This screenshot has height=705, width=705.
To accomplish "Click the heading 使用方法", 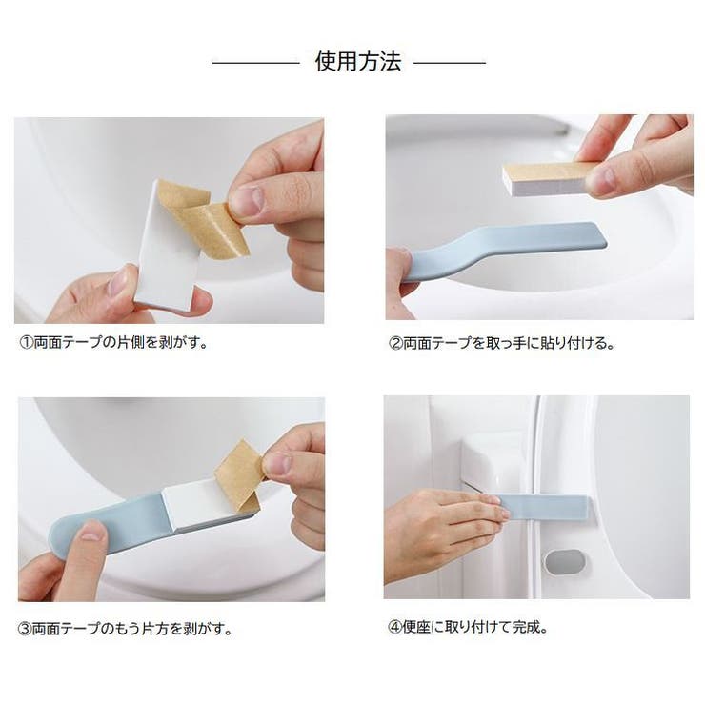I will (358, 63).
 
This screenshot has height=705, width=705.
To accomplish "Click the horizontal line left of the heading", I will (255, 64).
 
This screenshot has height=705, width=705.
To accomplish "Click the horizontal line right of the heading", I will (449, 64).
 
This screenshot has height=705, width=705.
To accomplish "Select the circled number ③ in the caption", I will (26, 629).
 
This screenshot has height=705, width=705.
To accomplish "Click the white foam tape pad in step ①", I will (164, 257).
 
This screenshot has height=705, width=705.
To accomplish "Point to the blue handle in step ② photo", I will (505, 250).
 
